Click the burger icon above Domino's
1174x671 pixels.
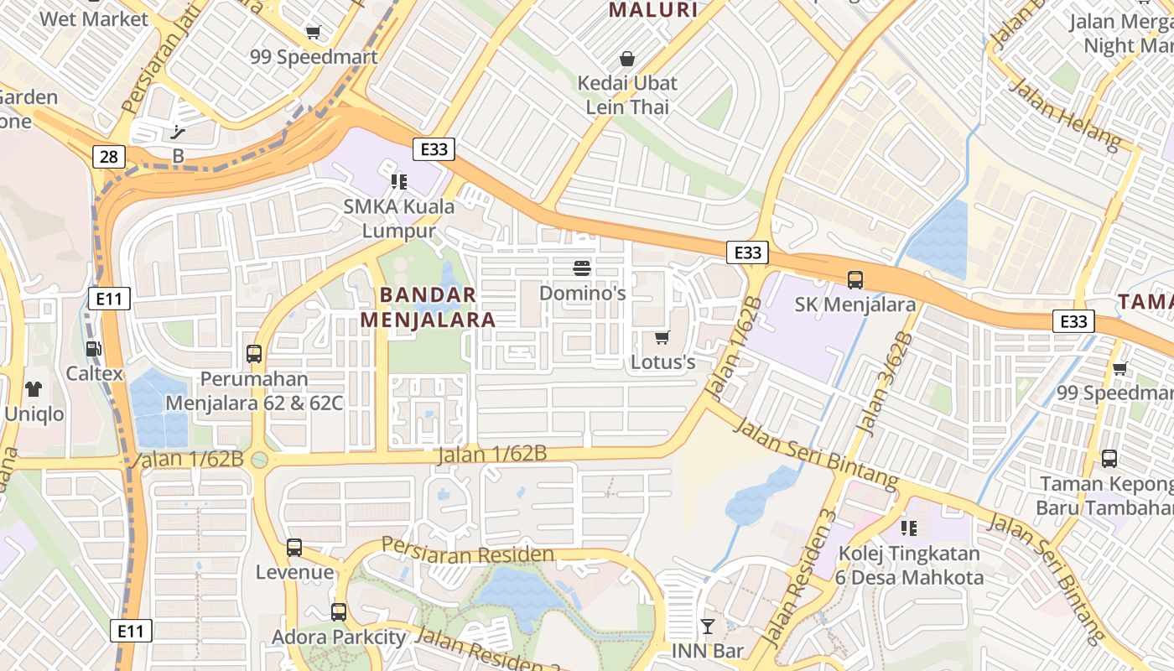tap(582, 268)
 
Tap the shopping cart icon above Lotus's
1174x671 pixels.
tap(662, 337)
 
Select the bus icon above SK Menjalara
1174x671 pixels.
tap(855, 280)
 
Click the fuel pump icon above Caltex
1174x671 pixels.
tap(94, 349)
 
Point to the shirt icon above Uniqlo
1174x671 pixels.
tap(34, 389)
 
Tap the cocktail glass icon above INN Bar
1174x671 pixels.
tap(708, 626)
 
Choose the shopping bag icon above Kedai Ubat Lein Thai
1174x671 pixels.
tap(626, 59)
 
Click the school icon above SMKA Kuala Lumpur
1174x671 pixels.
tap(398, 181)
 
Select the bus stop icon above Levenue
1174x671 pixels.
tap(293, 548)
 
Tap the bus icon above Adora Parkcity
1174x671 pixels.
tap(338, 612)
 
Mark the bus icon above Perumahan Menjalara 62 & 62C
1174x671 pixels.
tap(253, 354)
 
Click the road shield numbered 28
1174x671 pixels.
tap(109, 157)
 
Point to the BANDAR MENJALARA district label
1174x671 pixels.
tap(428, 307)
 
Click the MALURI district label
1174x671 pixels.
tap(653, 10)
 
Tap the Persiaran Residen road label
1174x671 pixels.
tap(467, 551)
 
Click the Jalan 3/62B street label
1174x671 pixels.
tap(886, 384)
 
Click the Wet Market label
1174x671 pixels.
tap(94, 18)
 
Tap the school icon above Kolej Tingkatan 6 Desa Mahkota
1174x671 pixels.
tap(908, 528)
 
